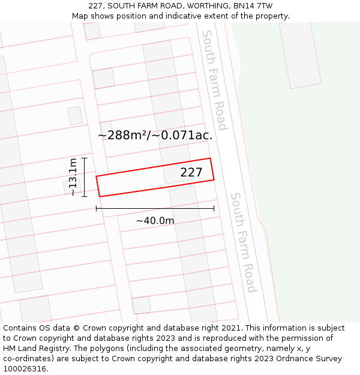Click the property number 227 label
191,173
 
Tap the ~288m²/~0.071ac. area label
155,135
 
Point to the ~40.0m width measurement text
155,221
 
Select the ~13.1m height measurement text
73,177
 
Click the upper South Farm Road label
215,80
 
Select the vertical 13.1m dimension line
85,177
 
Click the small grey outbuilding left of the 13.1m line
70,187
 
